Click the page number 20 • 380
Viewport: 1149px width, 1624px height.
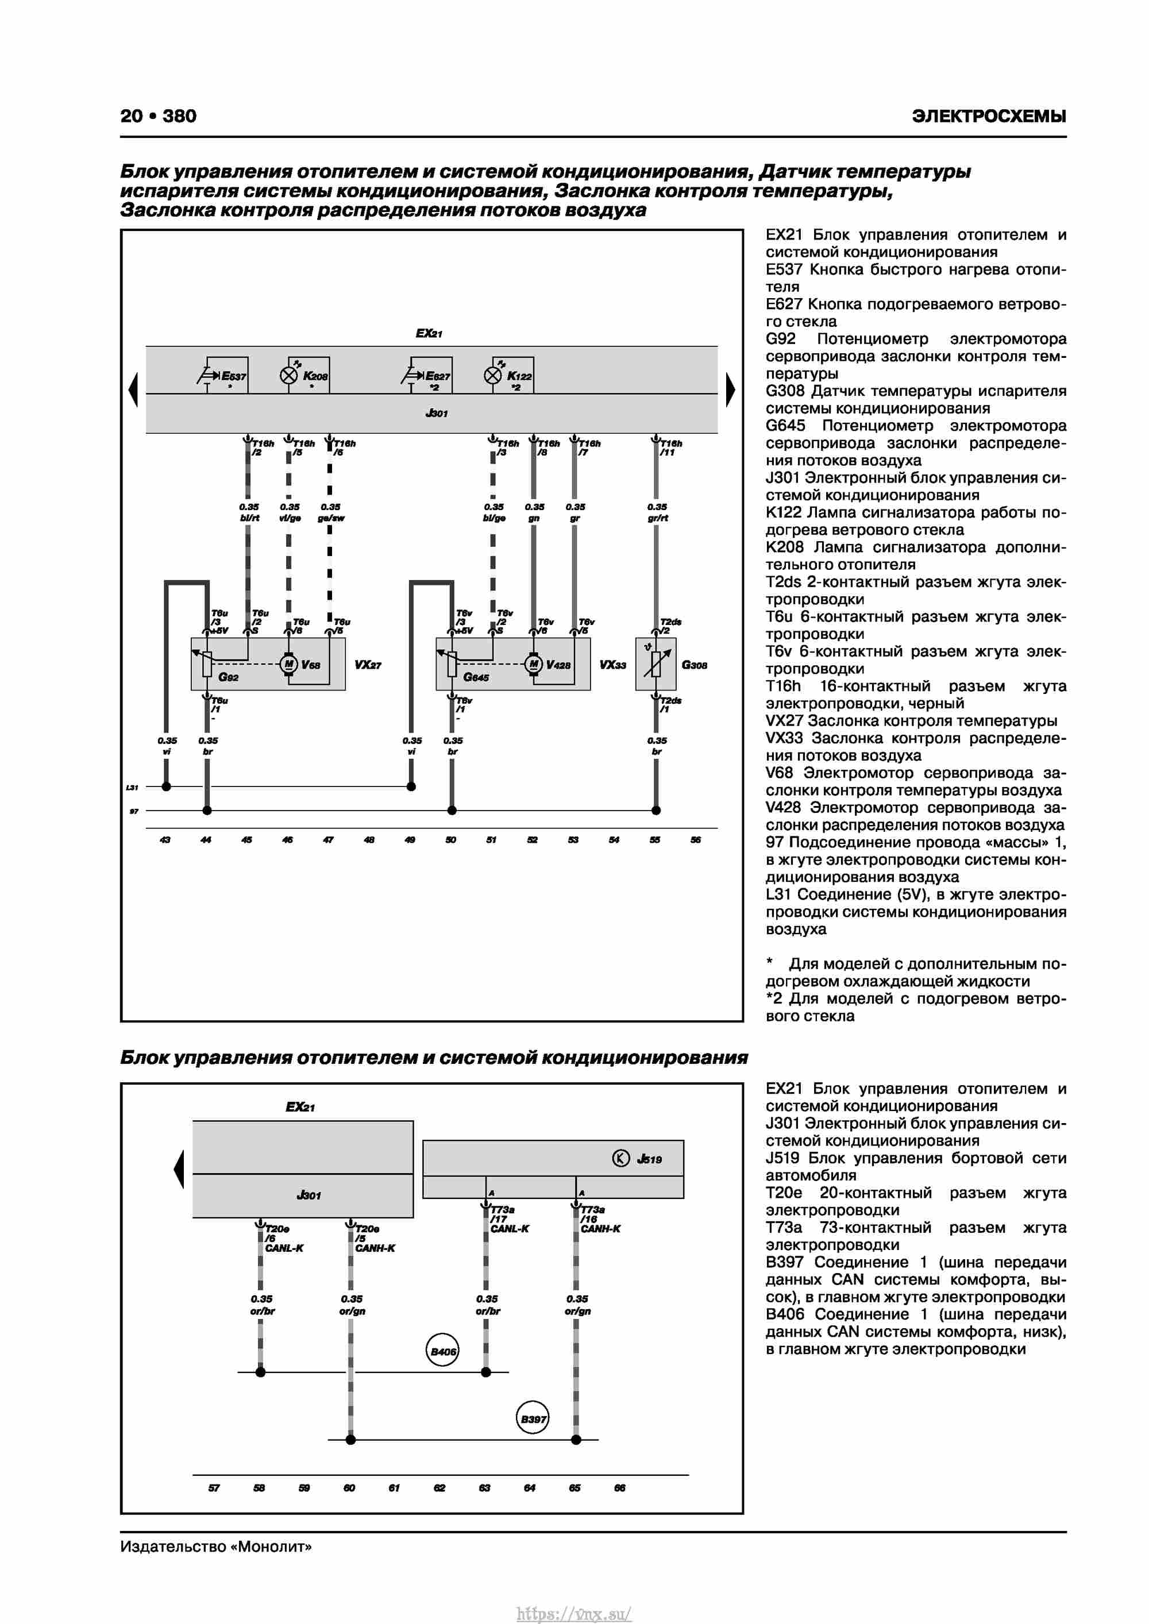click(158, 116)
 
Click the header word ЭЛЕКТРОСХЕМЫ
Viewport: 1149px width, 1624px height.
click(988, 117)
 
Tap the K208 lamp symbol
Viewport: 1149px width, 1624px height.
click(288, 376)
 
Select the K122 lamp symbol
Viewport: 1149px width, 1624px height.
click(492, 376)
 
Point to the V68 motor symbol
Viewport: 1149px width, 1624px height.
click(288, 664)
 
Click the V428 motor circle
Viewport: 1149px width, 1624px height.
click(534, 664)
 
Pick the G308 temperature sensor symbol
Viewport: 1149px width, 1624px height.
click(656, 664)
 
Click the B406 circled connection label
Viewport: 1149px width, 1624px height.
click(443, 1352)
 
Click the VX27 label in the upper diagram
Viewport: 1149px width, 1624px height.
click(368, 665)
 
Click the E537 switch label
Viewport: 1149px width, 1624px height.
click(233, 376)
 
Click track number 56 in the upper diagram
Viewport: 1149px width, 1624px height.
click(696, 840)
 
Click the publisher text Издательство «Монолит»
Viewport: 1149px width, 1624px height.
click(216, 1547)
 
